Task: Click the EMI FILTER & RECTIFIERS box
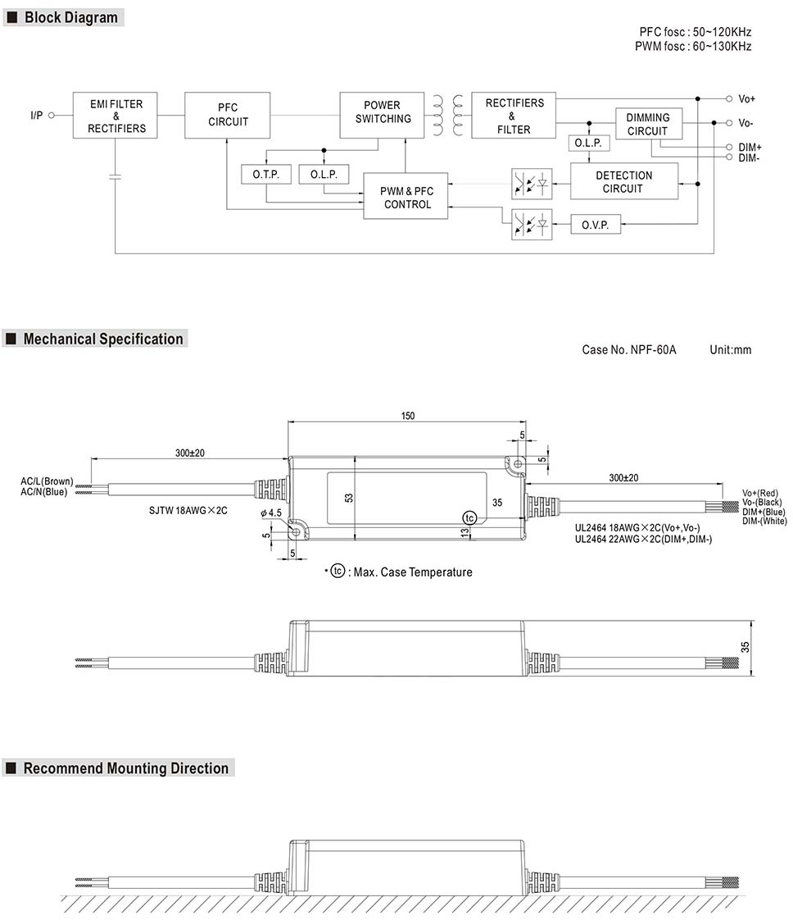pos(116,116)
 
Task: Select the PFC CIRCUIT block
pos(227,115)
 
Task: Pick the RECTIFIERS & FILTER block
pos(514,116)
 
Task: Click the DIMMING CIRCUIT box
pos(648,124)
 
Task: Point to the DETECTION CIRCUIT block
pos(623,181)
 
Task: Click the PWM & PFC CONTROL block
pos(406,197)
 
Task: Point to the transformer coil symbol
pos(447,116)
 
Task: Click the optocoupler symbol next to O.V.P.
pos(532,225)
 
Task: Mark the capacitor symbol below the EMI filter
pos(116,175)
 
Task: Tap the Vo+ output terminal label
pos(746,99)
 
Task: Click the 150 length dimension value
pos(407,416)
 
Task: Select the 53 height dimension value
pos(348,497)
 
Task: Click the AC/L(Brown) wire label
pos(47,480)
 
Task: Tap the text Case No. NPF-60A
pos(629,350)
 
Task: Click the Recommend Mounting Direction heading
pos(125,768)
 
